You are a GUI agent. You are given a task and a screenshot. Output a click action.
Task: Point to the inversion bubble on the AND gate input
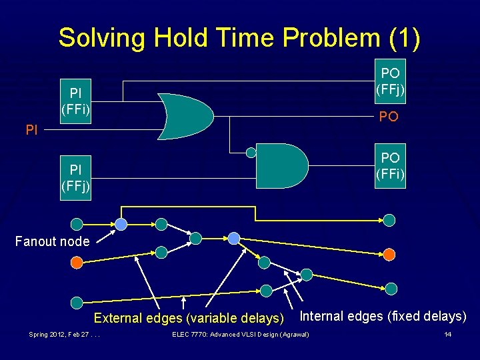click(251, 152)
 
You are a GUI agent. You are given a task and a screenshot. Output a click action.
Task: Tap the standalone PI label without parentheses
click(31, 131)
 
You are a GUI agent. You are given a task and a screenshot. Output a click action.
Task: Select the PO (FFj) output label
click(390, 80)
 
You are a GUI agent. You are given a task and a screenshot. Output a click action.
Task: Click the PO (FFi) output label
click(390, 166)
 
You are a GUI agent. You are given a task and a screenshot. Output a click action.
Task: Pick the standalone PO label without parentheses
click(389, 117)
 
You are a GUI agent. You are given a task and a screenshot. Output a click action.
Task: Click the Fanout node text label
click(52, 241)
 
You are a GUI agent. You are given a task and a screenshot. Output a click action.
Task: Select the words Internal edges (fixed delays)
click(383, 316)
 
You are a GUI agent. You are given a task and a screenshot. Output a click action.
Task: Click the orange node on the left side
click(77, 263)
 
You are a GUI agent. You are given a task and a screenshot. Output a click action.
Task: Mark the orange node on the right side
click(389, 254)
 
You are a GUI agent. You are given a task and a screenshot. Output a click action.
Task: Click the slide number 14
click(448, 334)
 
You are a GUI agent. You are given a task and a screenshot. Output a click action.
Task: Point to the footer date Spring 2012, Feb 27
click(65, 334)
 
